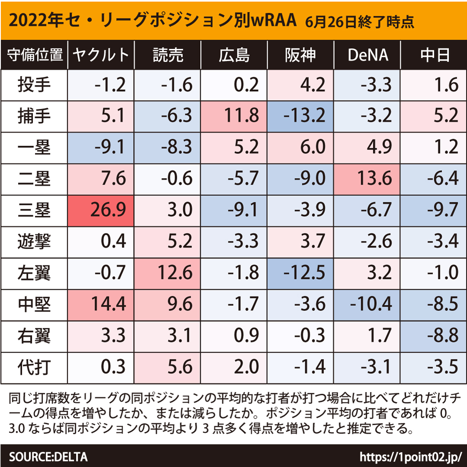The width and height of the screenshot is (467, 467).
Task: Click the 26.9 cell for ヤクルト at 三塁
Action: coord(102,211)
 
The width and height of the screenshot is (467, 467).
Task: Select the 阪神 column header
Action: coord(300,55)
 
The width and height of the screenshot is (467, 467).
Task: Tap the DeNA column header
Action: coord(368,55)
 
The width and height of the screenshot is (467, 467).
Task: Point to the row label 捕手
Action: coord(34,116)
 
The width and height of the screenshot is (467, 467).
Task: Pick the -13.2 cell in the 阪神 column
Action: coord(300,116)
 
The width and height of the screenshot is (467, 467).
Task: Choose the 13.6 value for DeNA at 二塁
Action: coord(368,179)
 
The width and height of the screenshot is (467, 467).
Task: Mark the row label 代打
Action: coord(34,368)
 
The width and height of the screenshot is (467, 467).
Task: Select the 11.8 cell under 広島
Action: coord(234,116)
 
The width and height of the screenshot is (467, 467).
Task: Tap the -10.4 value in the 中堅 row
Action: coord(368,305)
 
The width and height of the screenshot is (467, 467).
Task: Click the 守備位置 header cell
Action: coord(34,55)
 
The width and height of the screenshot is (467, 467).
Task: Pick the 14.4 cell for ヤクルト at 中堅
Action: coord(102,305)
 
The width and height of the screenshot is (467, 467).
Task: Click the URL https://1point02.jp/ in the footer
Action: coord(411,457)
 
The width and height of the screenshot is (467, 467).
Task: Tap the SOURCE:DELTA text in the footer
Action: coord(48,457)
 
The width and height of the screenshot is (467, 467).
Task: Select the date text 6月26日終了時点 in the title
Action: coord(359,21)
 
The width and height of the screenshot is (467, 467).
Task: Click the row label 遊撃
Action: coord(34,242)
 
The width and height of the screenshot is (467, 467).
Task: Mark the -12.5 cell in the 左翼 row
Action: coord(300,273)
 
